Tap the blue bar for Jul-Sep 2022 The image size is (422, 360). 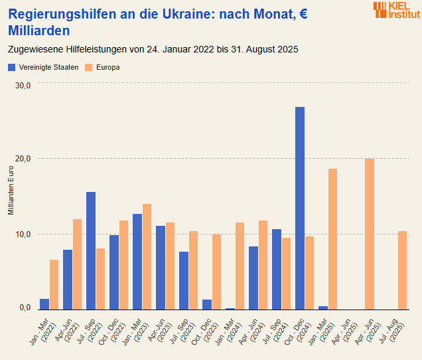click(91, 250)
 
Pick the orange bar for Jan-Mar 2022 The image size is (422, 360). click(54, 284)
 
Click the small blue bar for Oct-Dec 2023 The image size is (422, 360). click(207, 304)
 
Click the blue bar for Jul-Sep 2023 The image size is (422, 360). click(184, 280)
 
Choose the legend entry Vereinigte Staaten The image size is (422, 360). click(44, 67)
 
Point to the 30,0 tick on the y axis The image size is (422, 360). click(23, 85)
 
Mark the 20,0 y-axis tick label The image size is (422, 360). click(23, 159)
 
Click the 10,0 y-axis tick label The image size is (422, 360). click(23, 234)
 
